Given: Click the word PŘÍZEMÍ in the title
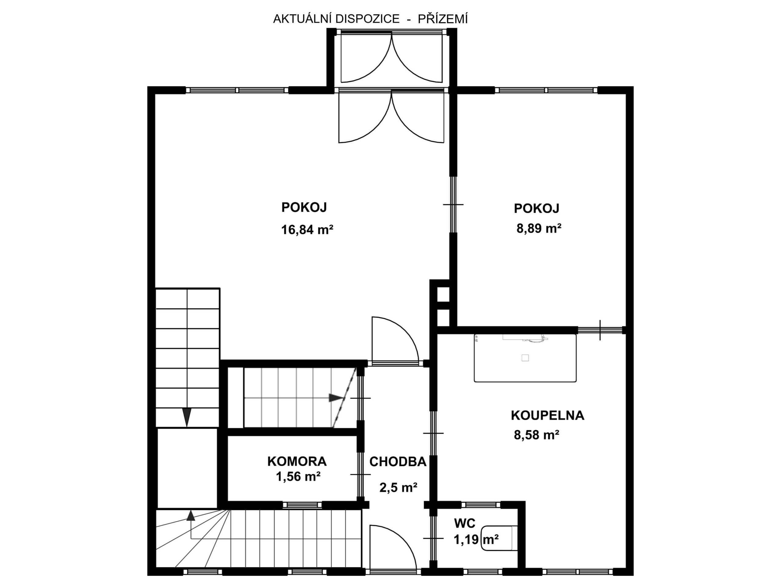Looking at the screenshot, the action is tap(443, 18).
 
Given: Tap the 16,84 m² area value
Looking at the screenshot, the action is tap(307, 230).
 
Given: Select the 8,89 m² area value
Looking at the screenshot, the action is tap(539, 229).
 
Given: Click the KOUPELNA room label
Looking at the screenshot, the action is tap(547, 415).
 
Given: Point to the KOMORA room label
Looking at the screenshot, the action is tap(297, 461).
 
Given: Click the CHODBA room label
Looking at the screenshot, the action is tap(398, 462).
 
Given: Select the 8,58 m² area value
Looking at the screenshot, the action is tap(537, 435).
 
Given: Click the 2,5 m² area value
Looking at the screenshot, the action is tap(398, 488).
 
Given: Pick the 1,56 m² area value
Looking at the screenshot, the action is tap(298, 477).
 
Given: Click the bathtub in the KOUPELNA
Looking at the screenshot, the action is tap(525, 358).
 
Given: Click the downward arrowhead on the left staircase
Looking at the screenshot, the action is tap(187, 417).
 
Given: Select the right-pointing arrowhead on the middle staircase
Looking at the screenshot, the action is tap(336, 398).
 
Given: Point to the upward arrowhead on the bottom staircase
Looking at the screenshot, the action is tap(191, 515).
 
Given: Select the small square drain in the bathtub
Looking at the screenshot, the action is tap(525, 358).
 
